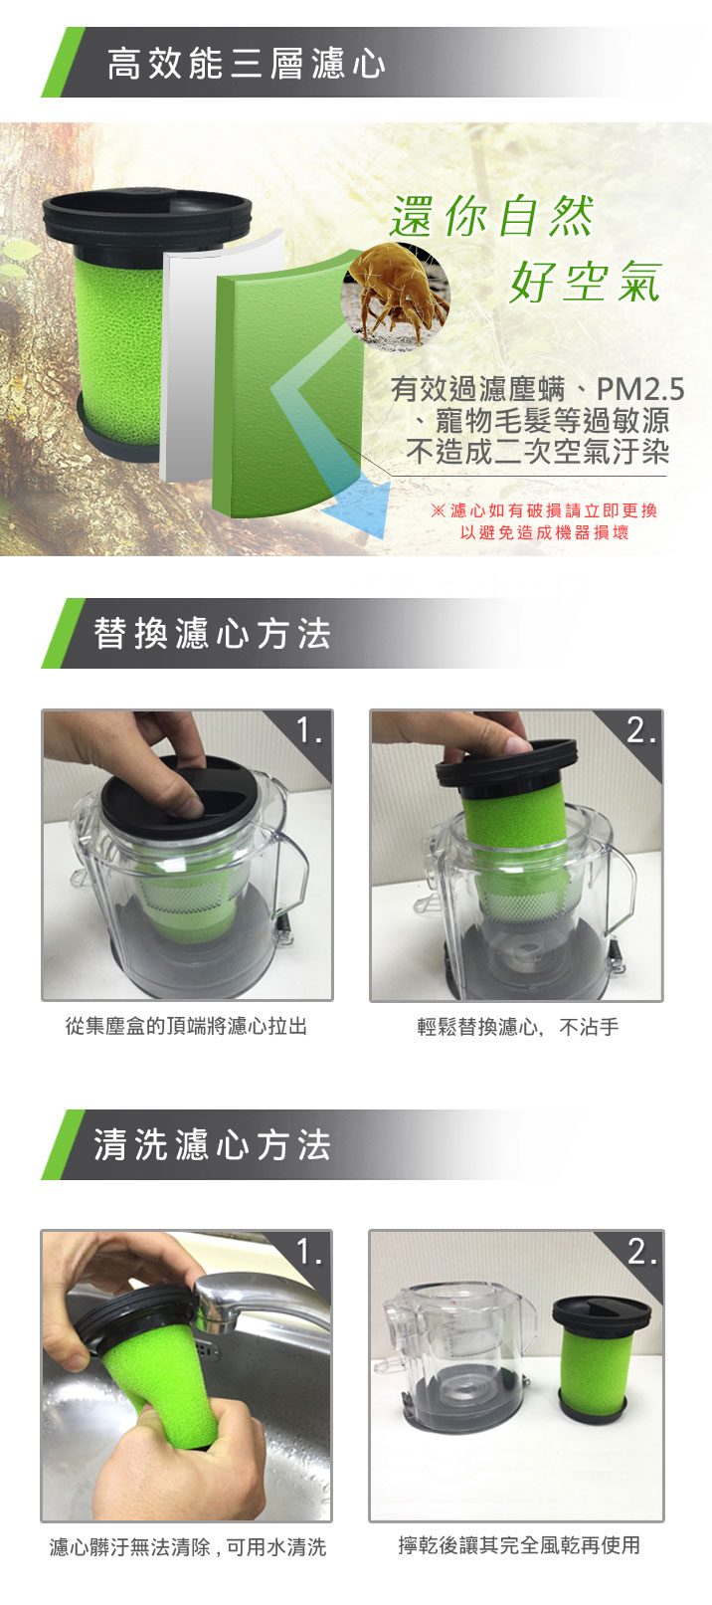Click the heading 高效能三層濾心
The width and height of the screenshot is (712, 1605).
click(x=246, y=64)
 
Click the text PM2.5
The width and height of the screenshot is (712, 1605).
click(x=639, y=390)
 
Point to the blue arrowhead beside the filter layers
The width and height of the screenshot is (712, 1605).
click(x=358, y=507)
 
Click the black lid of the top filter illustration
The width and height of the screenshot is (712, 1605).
click(x=147, y=216)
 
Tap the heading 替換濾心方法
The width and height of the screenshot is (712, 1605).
click(x=212, y=634)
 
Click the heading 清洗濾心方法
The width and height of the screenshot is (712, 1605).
click(x=212, y=1145)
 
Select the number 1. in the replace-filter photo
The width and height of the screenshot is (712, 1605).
click(x=308, y=730)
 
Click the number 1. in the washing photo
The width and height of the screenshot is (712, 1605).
click(x=308, y=1252)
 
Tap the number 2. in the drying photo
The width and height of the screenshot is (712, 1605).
click(x=641, y=1252)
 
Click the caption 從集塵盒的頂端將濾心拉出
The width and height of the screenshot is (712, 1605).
click(x=186, y=1026)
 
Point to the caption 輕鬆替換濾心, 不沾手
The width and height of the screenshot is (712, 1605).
click(x=517, y=1027)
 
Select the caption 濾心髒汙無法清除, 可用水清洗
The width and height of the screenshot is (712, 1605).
click(x=188, y=1547)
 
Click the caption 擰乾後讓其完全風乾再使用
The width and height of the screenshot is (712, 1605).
click(x=519, y=1545)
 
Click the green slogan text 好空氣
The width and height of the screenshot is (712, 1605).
click(x=585, y=282)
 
